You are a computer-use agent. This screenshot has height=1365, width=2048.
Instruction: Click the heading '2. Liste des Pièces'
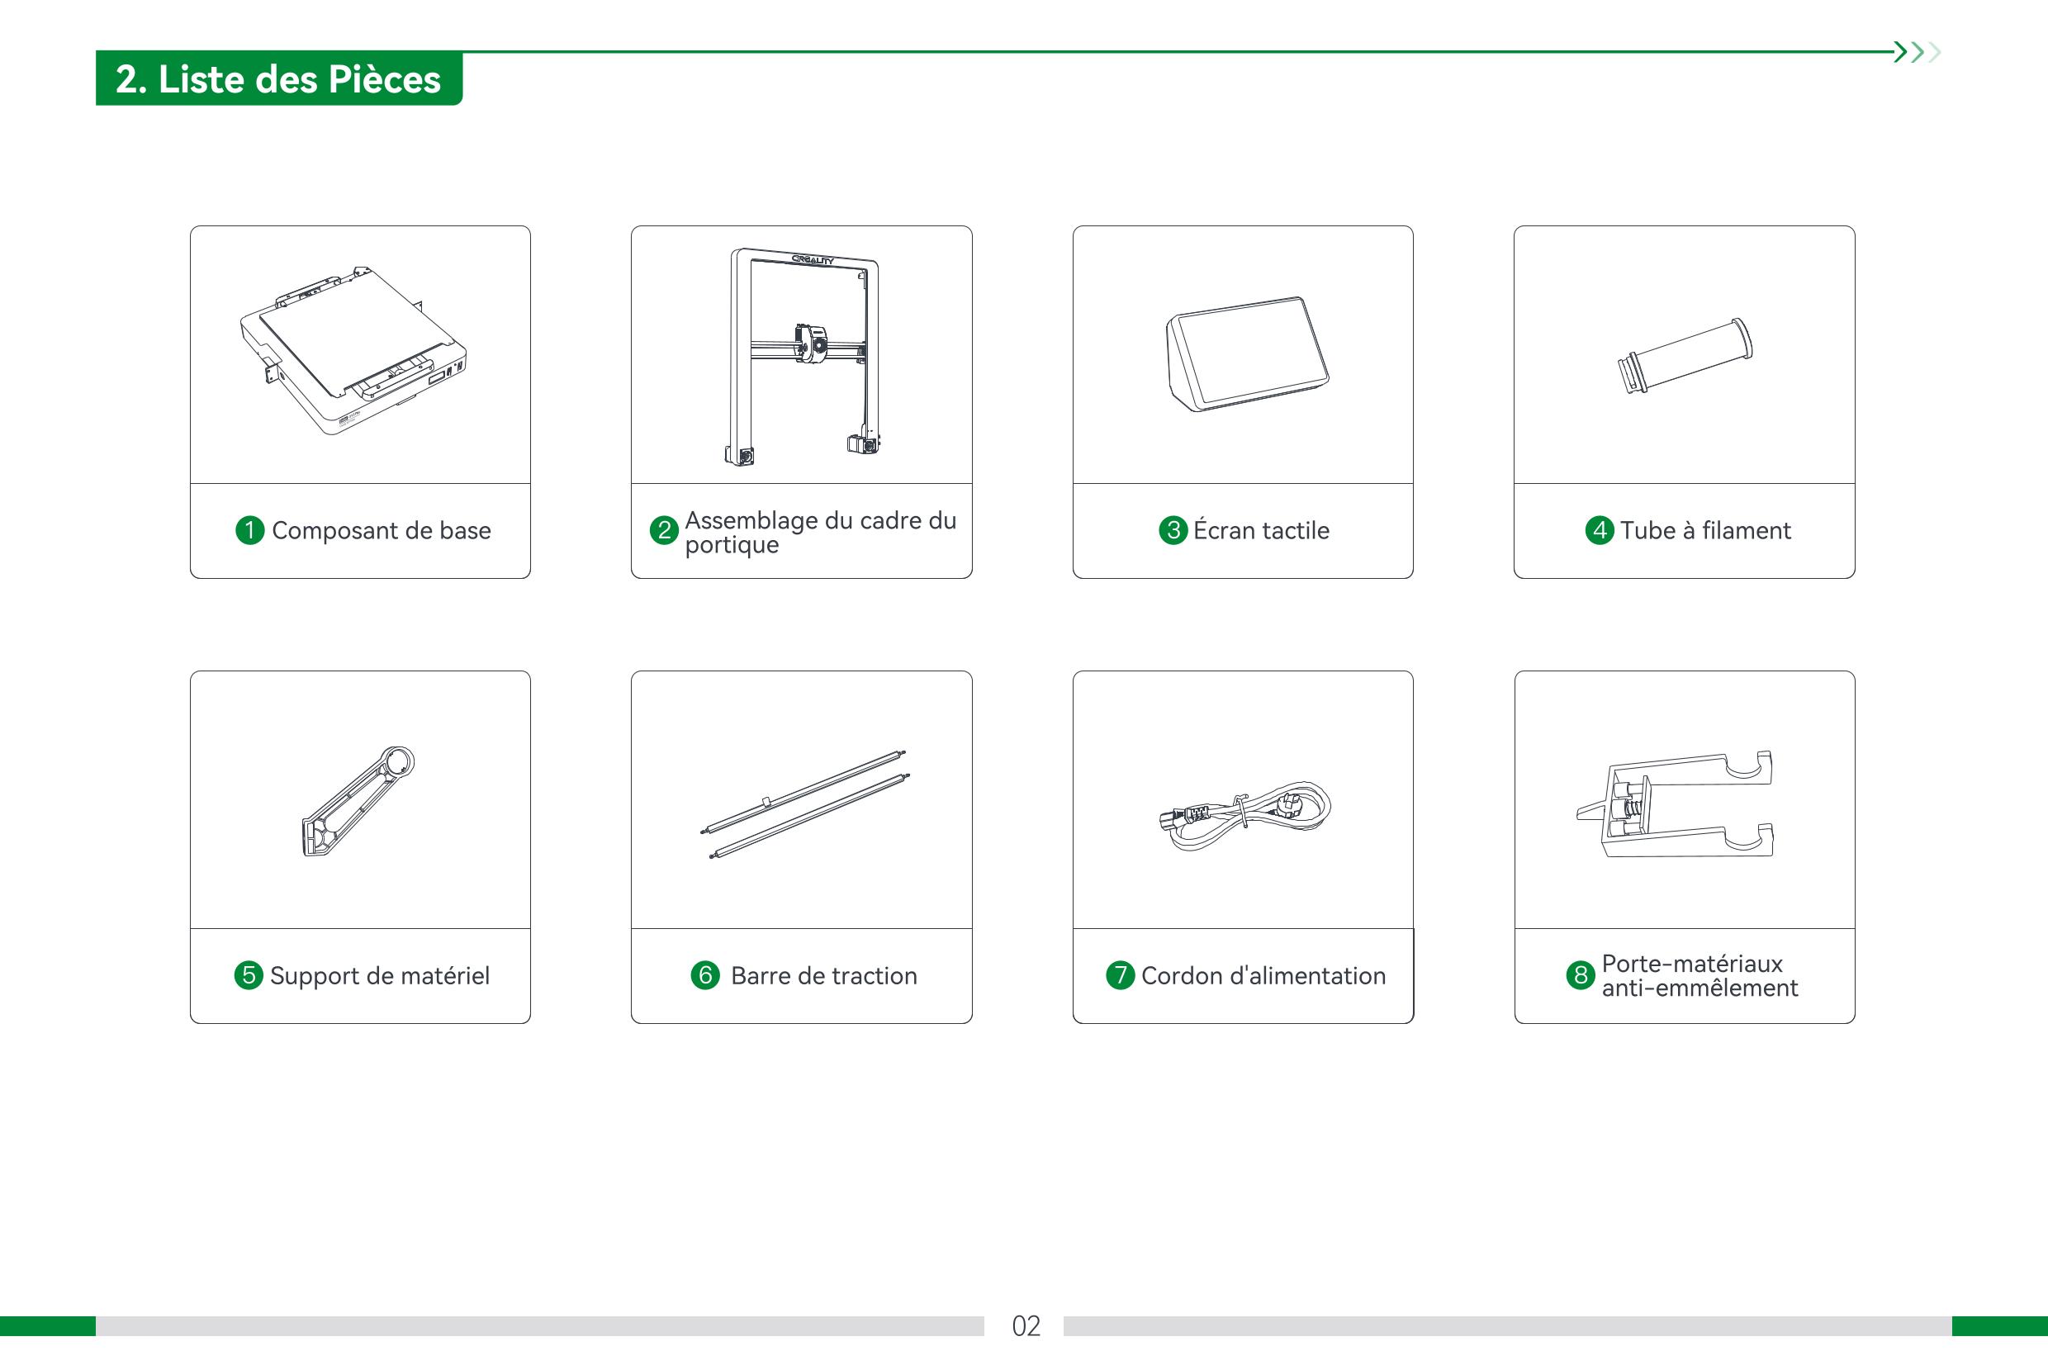click(278, 79)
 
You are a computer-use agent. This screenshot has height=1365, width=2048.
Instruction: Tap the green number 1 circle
click(249, 530)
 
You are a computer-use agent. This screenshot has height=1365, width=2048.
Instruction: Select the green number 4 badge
click(1599, 530)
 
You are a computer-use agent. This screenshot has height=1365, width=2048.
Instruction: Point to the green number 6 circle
click(705, 975)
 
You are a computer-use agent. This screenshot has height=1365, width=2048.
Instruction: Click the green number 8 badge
click(1581, 975)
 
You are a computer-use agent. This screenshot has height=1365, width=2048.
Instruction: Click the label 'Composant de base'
click(382, 530)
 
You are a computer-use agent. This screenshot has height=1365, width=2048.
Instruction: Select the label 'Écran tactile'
click(1261, 529)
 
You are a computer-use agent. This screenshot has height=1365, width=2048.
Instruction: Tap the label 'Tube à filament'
click(1705, 530)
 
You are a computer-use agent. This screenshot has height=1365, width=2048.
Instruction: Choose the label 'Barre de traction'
click(824, 976)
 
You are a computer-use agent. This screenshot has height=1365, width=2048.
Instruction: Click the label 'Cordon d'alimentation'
click(1263, 976)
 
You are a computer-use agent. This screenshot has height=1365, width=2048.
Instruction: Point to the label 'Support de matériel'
click(380, 976)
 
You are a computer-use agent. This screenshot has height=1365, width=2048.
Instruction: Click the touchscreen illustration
click(1247, 353)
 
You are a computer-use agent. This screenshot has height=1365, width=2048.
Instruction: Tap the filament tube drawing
click(1685, 356)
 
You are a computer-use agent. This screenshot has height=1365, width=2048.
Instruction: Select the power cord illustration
click(1244, 815)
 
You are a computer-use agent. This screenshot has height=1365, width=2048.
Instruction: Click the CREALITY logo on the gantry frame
click(812, 259)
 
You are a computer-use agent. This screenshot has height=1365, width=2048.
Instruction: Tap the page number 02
click(1026, 1326)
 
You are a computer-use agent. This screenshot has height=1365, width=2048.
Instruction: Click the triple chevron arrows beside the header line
click(1918, 52)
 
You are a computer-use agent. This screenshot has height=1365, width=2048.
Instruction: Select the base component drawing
click(353, 350)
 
